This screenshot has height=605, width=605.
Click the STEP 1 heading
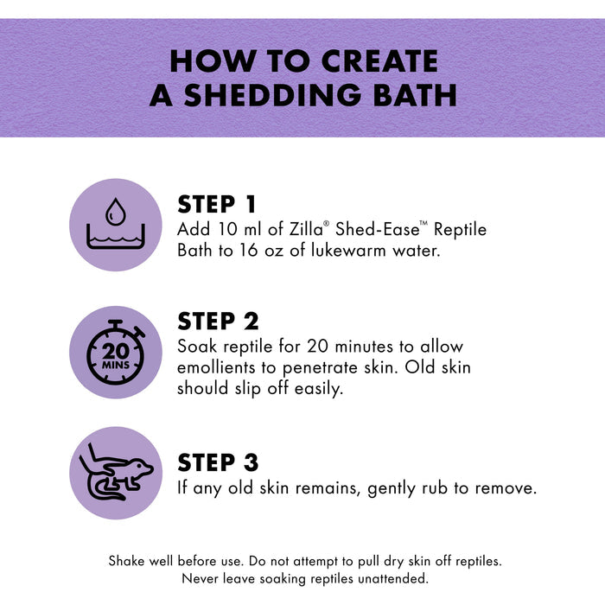point(216,204)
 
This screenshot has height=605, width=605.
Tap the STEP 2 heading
point(218,321)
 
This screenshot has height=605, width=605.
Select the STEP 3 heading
point(218,462)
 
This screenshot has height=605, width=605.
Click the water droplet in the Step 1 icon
point(115,212)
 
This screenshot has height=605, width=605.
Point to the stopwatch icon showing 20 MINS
point(115,353)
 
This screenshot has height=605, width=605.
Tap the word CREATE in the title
point(379,61)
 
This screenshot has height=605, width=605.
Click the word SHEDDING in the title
point(272,95)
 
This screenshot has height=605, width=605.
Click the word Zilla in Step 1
point(307,229)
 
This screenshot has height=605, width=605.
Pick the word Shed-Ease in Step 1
point(378,229)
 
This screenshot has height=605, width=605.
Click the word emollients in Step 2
point(216,367)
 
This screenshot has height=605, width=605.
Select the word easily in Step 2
point(319,389)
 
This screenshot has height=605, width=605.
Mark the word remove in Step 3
point(506,488)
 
